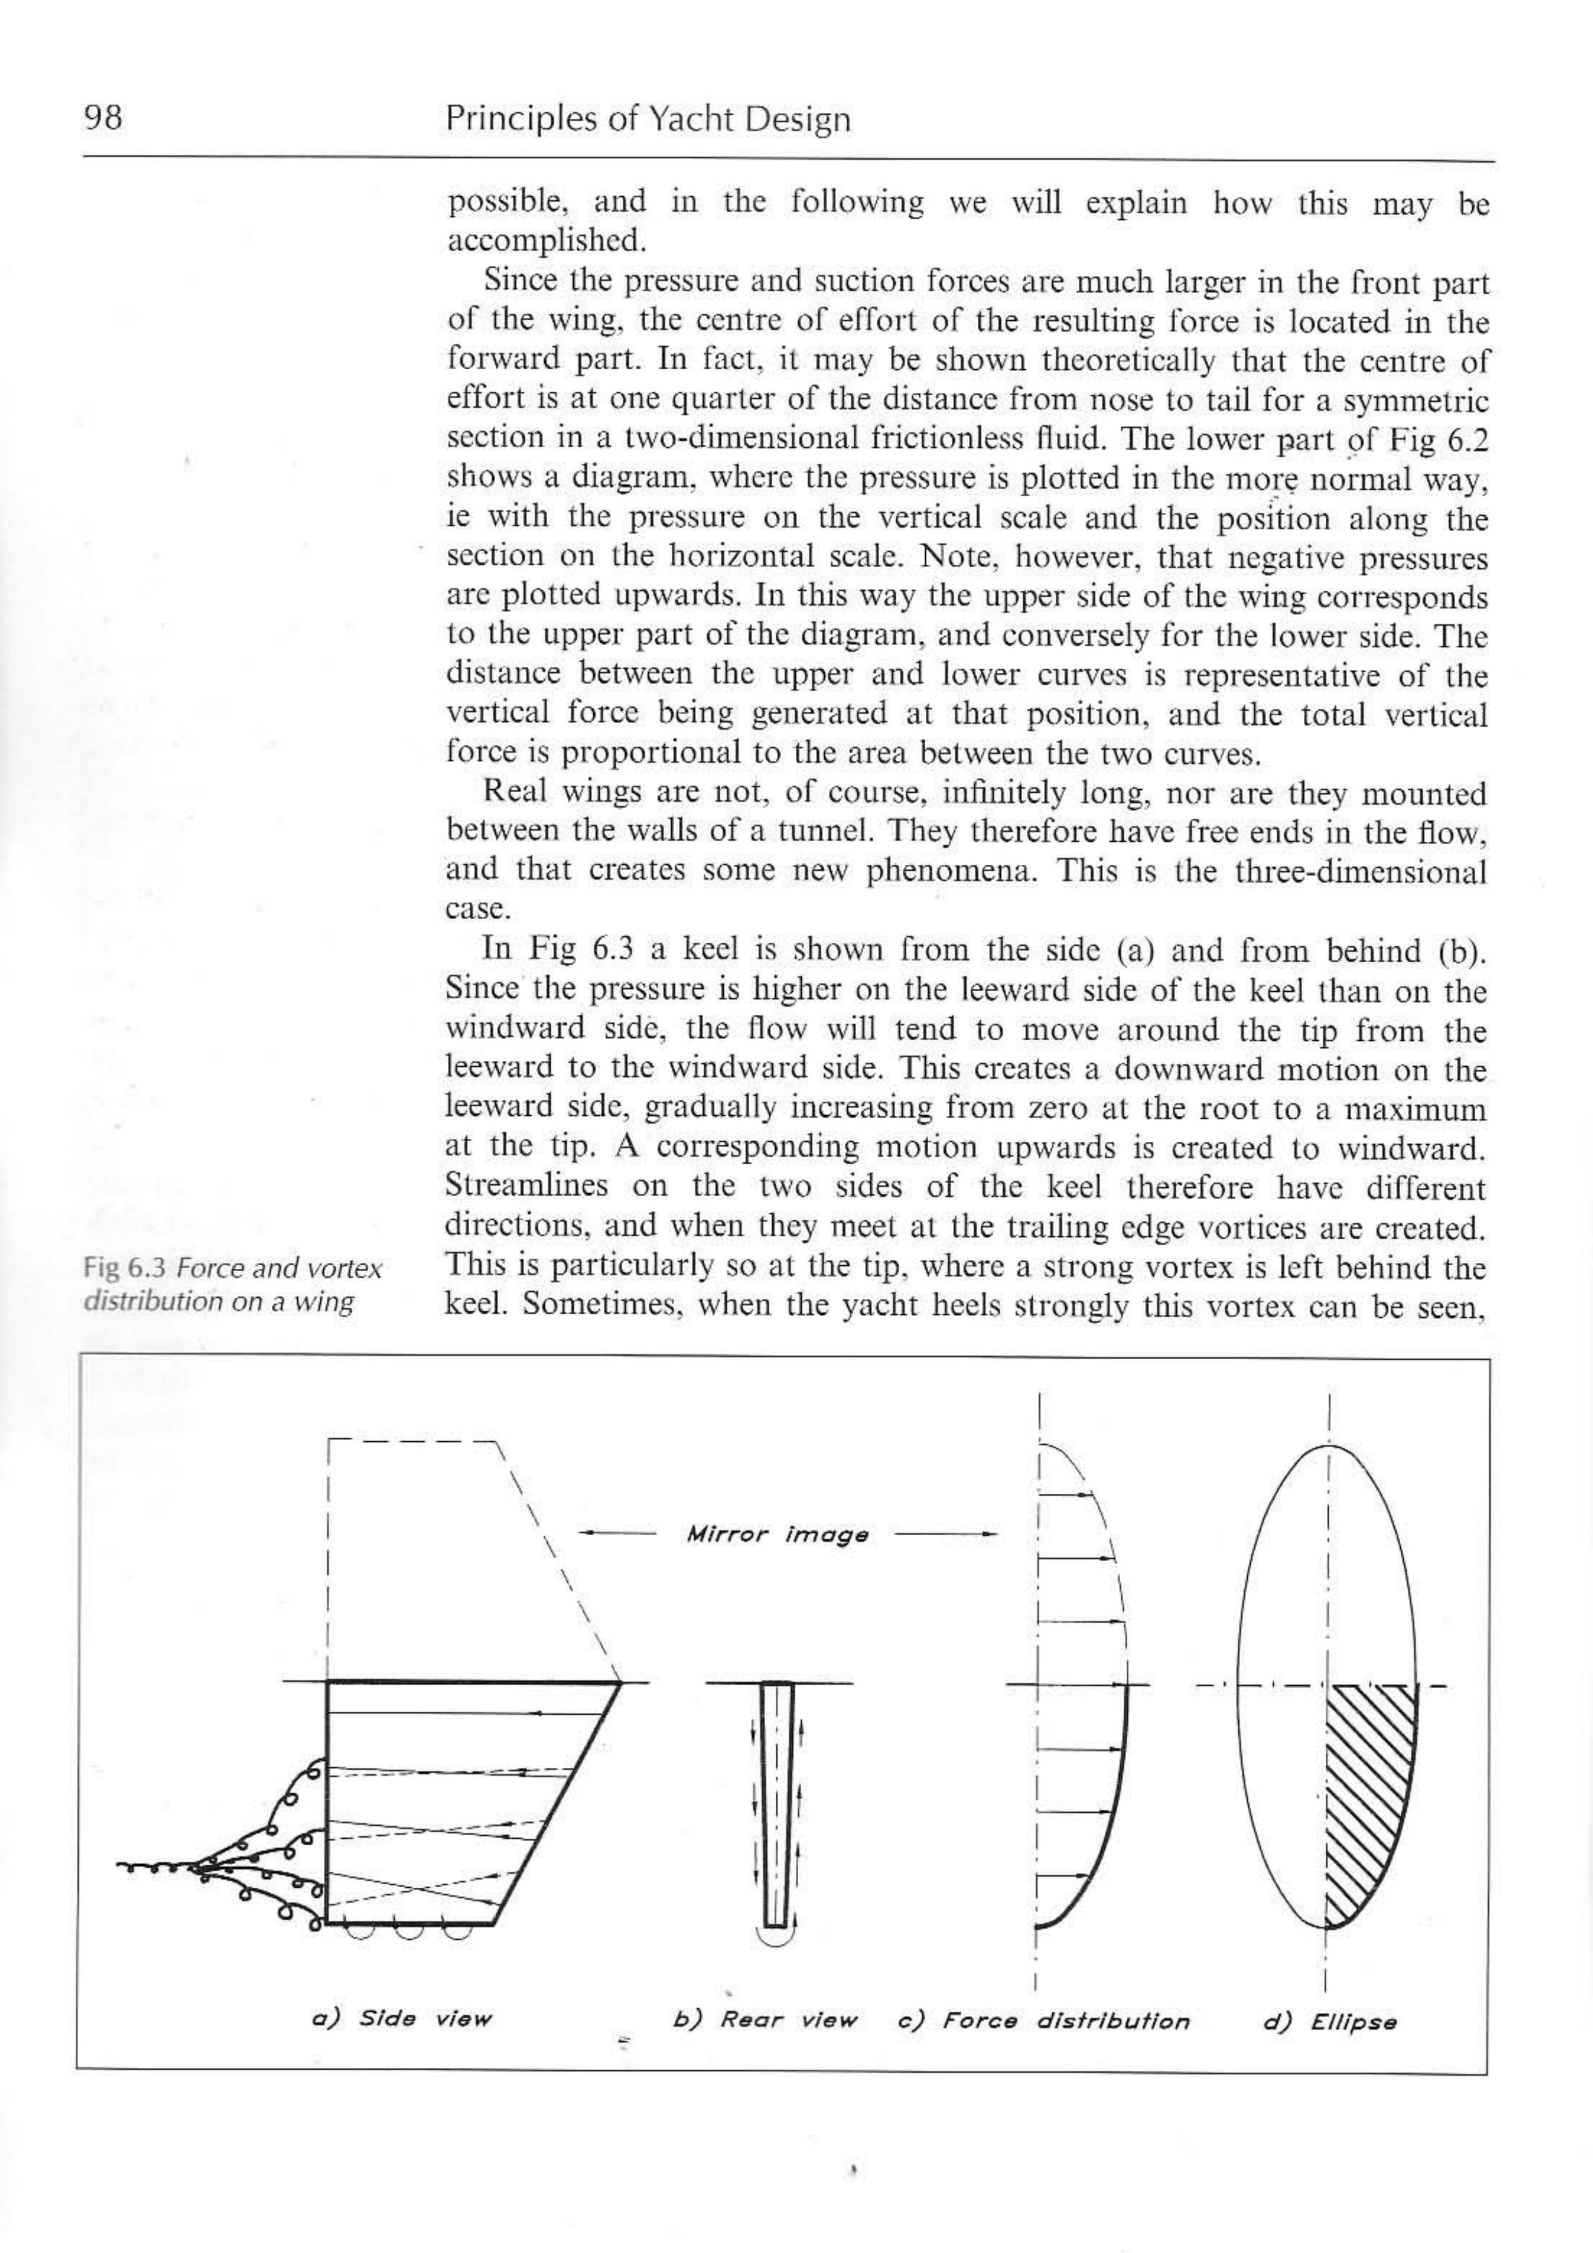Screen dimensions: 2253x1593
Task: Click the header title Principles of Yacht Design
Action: (648, 119)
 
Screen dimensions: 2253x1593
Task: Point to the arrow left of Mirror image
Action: (616, 1533)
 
